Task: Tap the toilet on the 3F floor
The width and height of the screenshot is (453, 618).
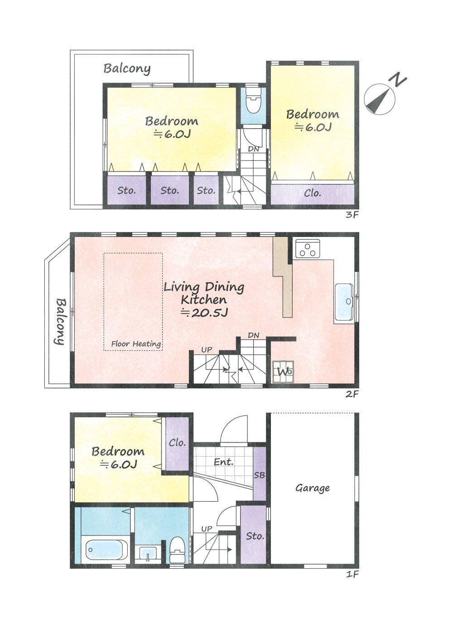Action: pos(254,100)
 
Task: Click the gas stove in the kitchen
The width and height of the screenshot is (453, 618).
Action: pos(308,249)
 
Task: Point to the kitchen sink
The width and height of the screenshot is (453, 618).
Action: pos(344,302)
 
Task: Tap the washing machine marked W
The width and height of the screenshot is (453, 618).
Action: pos(283,372)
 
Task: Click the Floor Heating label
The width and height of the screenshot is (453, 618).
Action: pos(136,344)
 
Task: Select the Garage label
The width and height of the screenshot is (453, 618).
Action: pos(313,488)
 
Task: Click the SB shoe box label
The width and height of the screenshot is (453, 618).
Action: pos(259,475)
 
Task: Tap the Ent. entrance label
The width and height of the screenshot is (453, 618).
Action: pos(223,462)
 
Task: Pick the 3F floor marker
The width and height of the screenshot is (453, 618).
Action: pos(352,215)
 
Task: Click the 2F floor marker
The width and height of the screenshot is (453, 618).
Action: pos(352,394)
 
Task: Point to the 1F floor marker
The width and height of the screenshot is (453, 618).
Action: pos(352,575)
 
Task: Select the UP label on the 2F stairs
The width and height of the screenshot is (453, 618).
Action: pos(207,350)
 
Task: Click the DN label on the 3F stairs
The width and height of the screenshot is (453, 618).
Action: pos(254,149)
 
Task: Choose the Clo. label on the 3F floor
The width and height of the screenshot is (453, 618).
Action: pos(312,193)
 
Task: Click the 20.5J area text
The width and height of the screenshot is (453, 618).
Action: pos(204,313)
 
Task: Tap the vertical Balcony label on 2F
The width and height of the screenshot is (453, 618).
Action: pos(60,321)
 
